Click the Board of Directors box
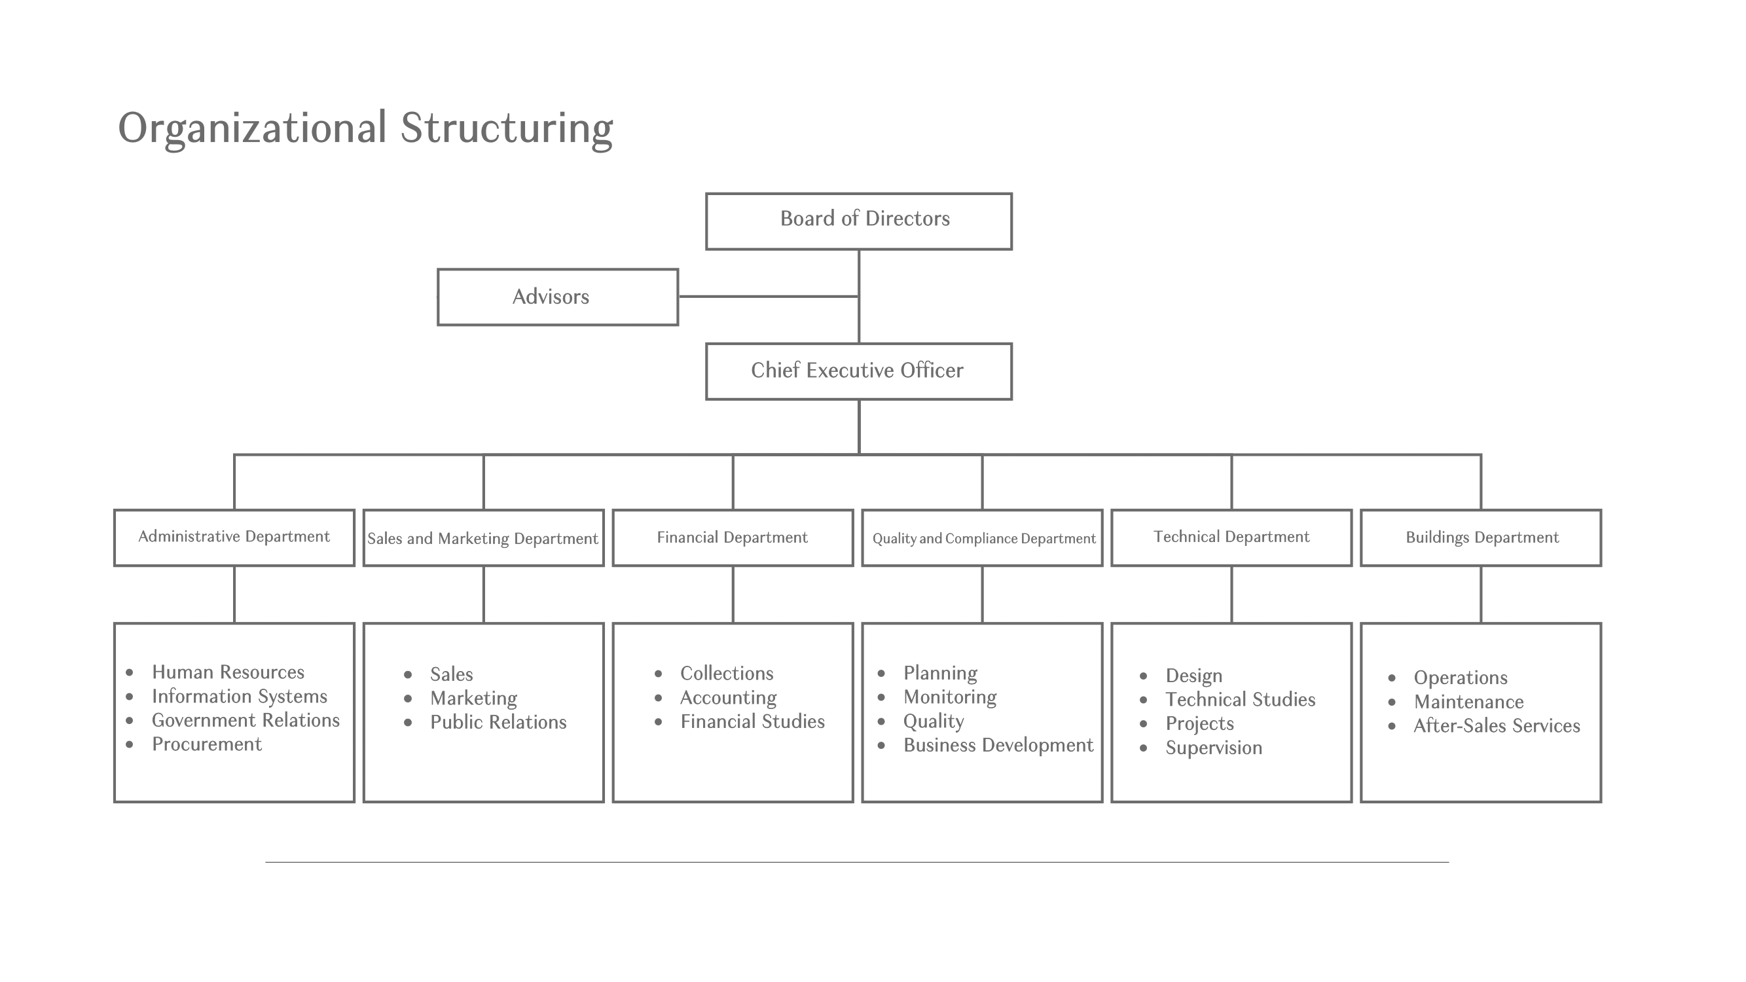(858, 221)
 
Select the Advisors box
(557, 297)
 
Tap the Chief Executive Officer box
(858, 371)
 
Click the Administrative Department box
(234, 537)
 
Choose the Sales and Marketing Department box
(483, 538)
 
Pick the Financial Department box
(732, 537)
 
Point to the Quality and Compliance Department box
(982, 538)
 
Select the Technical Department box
(1231, 537)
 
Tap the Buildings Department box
(1481, 537)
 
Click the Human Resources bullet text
(228, 672)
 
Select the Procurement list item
(206, 744)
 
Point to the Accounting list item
(728, 697)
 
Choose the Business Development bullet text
(998, 745)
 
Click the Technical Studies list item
(1240, 699)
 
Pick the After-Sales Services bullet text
(1496, 726)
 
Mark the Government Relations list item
(246, 719)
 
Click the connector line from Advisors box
(768, 296)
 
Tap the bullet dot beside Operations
(1392, 678)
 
